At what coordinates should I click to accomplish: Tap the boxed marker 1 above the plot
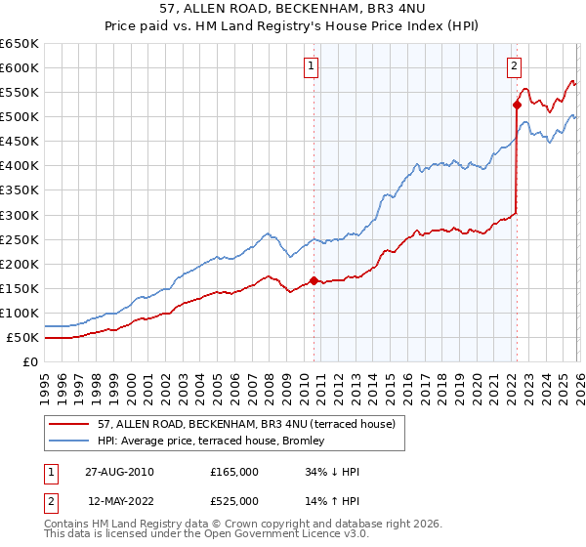311,66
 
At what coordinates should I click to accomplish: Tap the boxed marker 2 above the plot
514,66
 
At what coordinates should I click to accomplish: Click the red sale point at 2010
314,280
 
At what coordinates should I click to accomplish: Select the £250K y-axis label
21,239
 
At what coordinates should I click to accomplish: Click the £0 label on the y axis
29,362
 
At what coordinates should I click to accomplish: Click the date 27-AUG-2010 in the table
119,472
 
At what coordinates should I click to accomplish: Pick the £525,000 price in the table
234,501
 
